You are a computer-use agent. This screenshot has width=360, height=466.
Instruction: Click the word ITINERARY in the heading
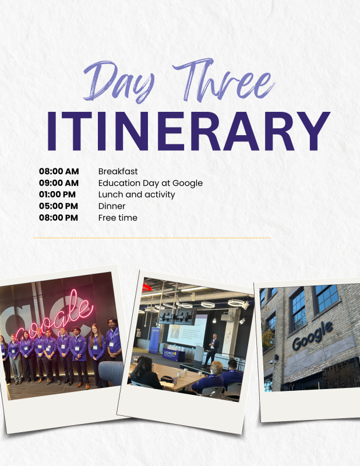(x=189, y=131)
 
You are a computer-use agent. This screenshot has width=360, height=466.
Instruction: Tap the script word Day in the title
(x=119, y=82)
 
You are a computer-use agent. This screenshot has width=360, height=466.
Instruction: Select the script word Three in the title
(x=224, y=80)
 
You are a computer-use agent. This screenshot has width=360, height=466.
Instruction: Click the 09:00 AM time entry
(x=59, y=183)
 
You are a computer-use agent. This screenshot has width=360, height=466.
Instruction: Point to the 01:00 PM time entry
(x=57, y=195)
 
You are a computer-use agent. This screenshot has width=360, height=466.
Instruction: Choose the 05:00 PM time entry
(x=59, y=206)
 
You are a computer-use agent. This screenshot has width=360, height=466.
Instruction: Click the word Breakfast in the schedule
(x=118, y=171)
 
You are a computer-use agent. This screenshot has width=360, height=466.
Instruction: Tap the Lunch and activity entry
(x=137, y=195)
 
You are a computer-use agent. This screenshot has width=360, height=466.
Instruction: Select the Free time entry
(x=118, y=218)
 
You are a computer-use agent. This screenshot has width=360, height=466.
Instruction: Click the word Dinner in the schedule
(x=112, y=206)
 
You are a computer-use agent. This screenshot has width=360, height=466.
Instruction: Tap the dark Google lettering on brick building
(x=312, y=336)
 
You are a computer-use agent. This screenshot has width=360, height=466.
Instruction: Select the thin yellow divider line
(x=152, y=238)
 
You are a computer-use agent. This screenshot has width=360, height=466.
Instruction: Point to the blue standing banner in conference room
(x=155, y=340)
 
